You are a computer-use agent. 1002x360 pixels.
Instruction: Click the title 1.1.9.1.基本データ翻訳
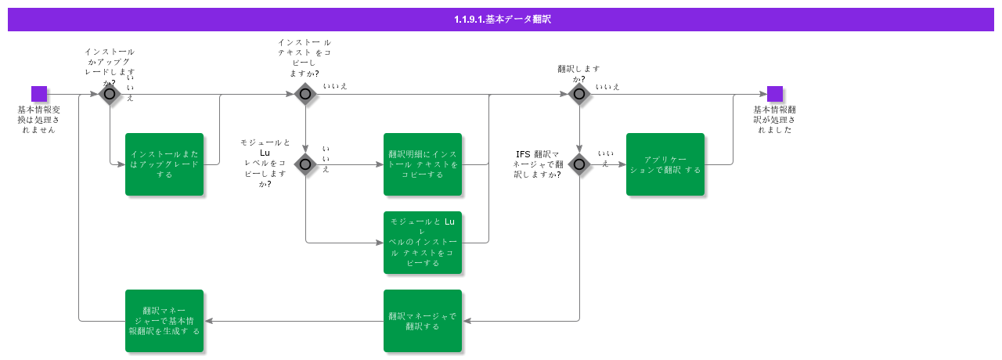click(x=502, y=20)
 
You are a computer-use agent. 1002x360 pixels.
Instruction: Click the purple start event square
click(x=39, y=94)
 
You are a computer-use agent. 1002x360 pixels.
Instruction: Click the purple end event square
click(x=775, y=94)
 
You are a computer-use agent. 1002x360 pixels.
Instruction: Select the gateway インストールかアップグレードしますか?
click(x=110, y=94)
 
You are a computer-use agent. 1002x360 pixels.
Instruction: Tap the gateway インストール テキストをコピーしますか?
click(x=305, y=94)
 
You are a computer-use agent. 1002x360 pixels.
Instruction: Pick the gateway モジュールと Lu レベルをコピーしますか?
click(x=305, y=164)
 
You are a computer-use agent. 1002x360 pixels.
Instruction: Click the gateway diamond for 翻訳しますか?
click(x=579, y=94)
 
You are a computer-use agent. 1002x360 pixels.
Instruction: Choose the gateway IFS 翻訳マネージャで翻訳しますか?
click(x=579, y=164)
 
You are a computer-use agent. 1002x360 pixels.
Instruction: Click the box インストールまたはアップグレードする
click(x=164, y=164)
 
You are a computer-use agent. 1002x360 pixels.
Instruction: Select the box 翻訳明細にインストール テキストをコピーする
click(x=423, y=164)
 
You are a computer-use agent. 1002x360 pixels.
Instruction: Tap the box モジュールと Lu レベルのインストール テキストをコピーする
click(x=423, y=243)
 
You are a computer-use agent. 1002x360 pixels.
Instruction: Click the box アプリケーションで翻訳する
click(x=665, y=164)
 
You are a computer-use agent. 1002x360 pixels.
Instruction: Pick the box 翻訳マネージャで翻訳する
click(x=423, y=321)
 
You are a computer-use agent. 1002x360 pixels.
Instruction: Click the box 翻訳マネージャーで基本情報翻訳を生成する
click(x=164, y=321)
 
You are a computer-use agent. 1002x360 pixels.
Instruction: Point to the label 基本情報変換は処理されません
click(x=39, y=119)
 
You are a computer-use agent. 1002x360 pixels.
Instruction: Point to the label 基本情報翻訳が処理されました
click(x=775, y=119)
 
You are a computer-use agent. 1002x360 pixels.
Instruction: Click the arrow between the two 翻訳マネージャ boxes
click(x=294, y=321)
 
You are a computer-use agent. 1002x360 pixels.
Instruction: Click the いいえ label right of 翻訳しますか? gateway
click(x=607, y=86)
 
